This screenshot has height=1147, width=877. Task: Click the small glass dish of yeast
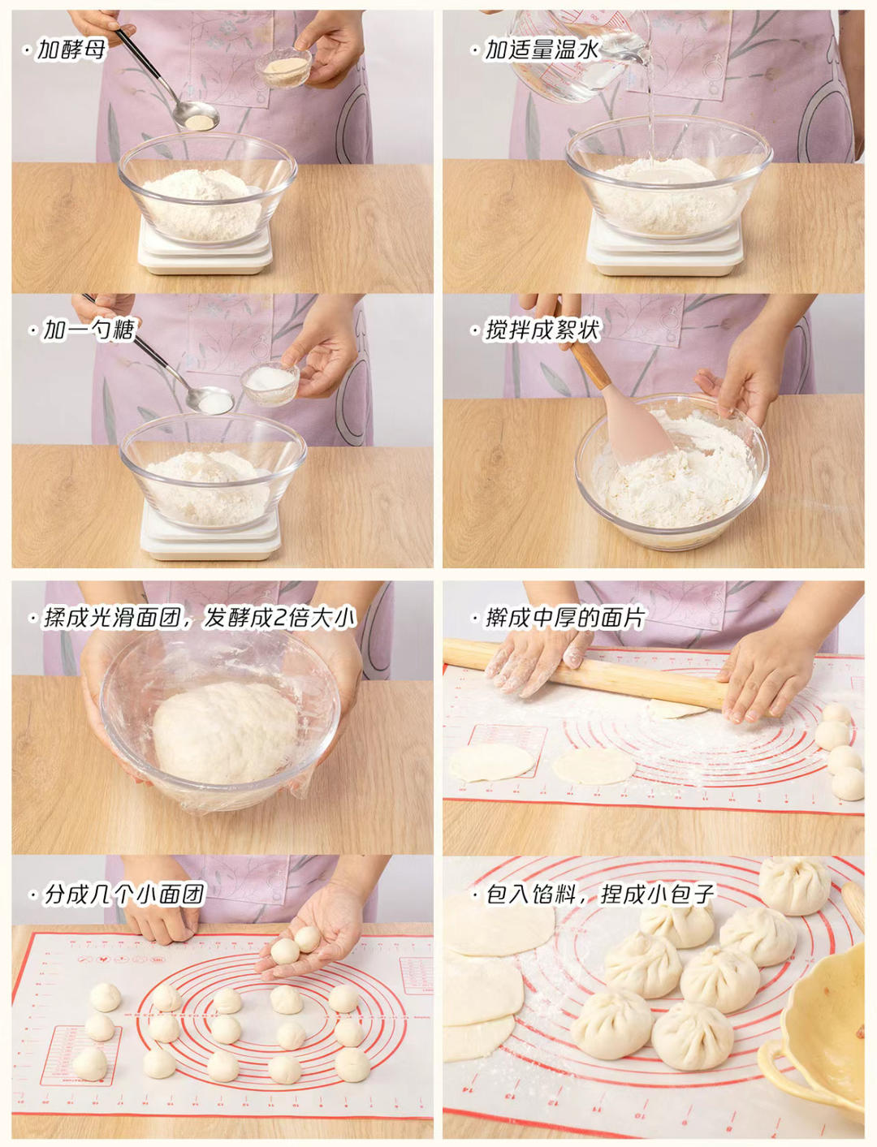tap(283, 67)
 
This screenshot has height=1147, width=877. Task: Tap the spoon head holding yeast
tap(196, 116)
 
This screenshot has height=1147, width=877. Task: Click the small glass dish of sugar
tap(270, 383)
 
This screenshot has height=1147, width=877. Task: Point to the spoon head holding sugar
tap(210, 401)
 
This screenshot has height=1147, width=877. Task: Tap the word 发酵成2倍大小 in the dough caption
tap(280, 619)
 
